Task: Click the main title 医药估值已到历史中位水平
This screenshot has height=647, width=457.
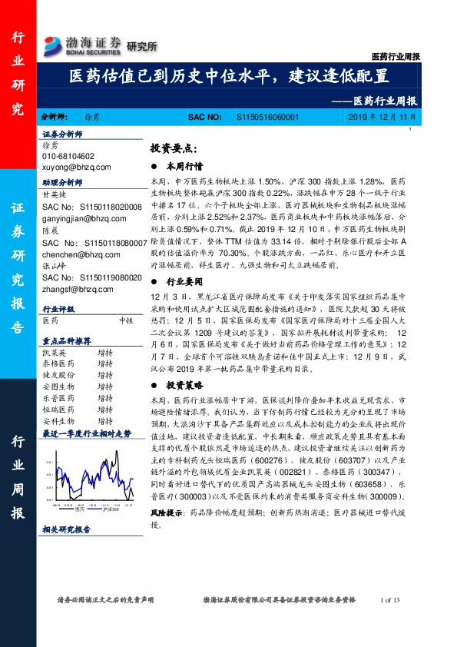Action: (228, 77)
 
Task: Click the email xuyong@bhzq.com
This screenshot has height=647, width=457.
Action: (77, 166)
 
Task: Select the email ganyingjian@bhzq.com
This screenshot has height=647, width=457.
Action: (85, 218)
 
